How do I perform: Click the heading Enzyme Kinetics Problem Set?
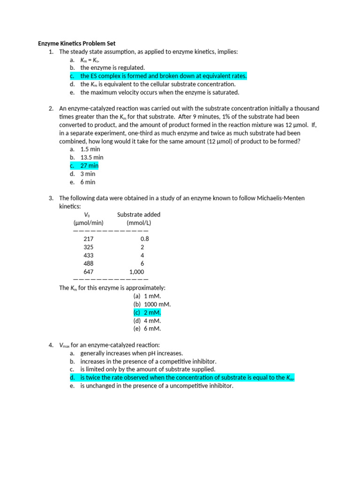pyautogui.click(x=76, y=44)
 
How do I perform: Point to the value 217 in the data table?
pyautogui.click(x=89, y=239)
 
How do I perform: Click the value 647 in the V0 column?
pyautogui.click(x=89, y=272)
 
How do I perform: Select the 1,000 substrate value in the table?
pyautogui.click(x=137, y=272)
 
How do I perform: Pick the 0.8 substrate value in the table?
pyautogui.click(x=144, y=239)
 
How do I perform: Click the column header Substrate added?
pyautogui.click(x=139, y=215)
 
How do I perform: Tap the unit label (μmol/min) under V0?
pyautogui.click(x=89, y=223)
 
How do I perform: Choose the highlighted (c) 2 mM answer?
pyautogui.click(x=147, y=313)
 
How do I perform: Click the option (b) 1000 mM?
pyautogui.click(x=152, y=304)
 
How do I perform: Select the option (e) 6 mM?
pyautogui.click(x=147, y=329)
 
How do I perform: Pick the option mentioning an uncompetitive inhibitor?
pyautogui.click(x=157, y=386)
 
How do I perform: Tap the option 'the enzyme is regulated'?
pyautogui.click(x=112, y=68)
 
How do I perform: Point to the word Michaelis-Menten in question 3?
pyautogui.click(x=280, y=198)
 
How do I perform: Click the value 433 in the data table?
pyautogui.click(x=89, y=255)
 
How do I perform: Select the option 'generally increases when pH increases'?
pyautogui.click(x=132, y=353)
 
